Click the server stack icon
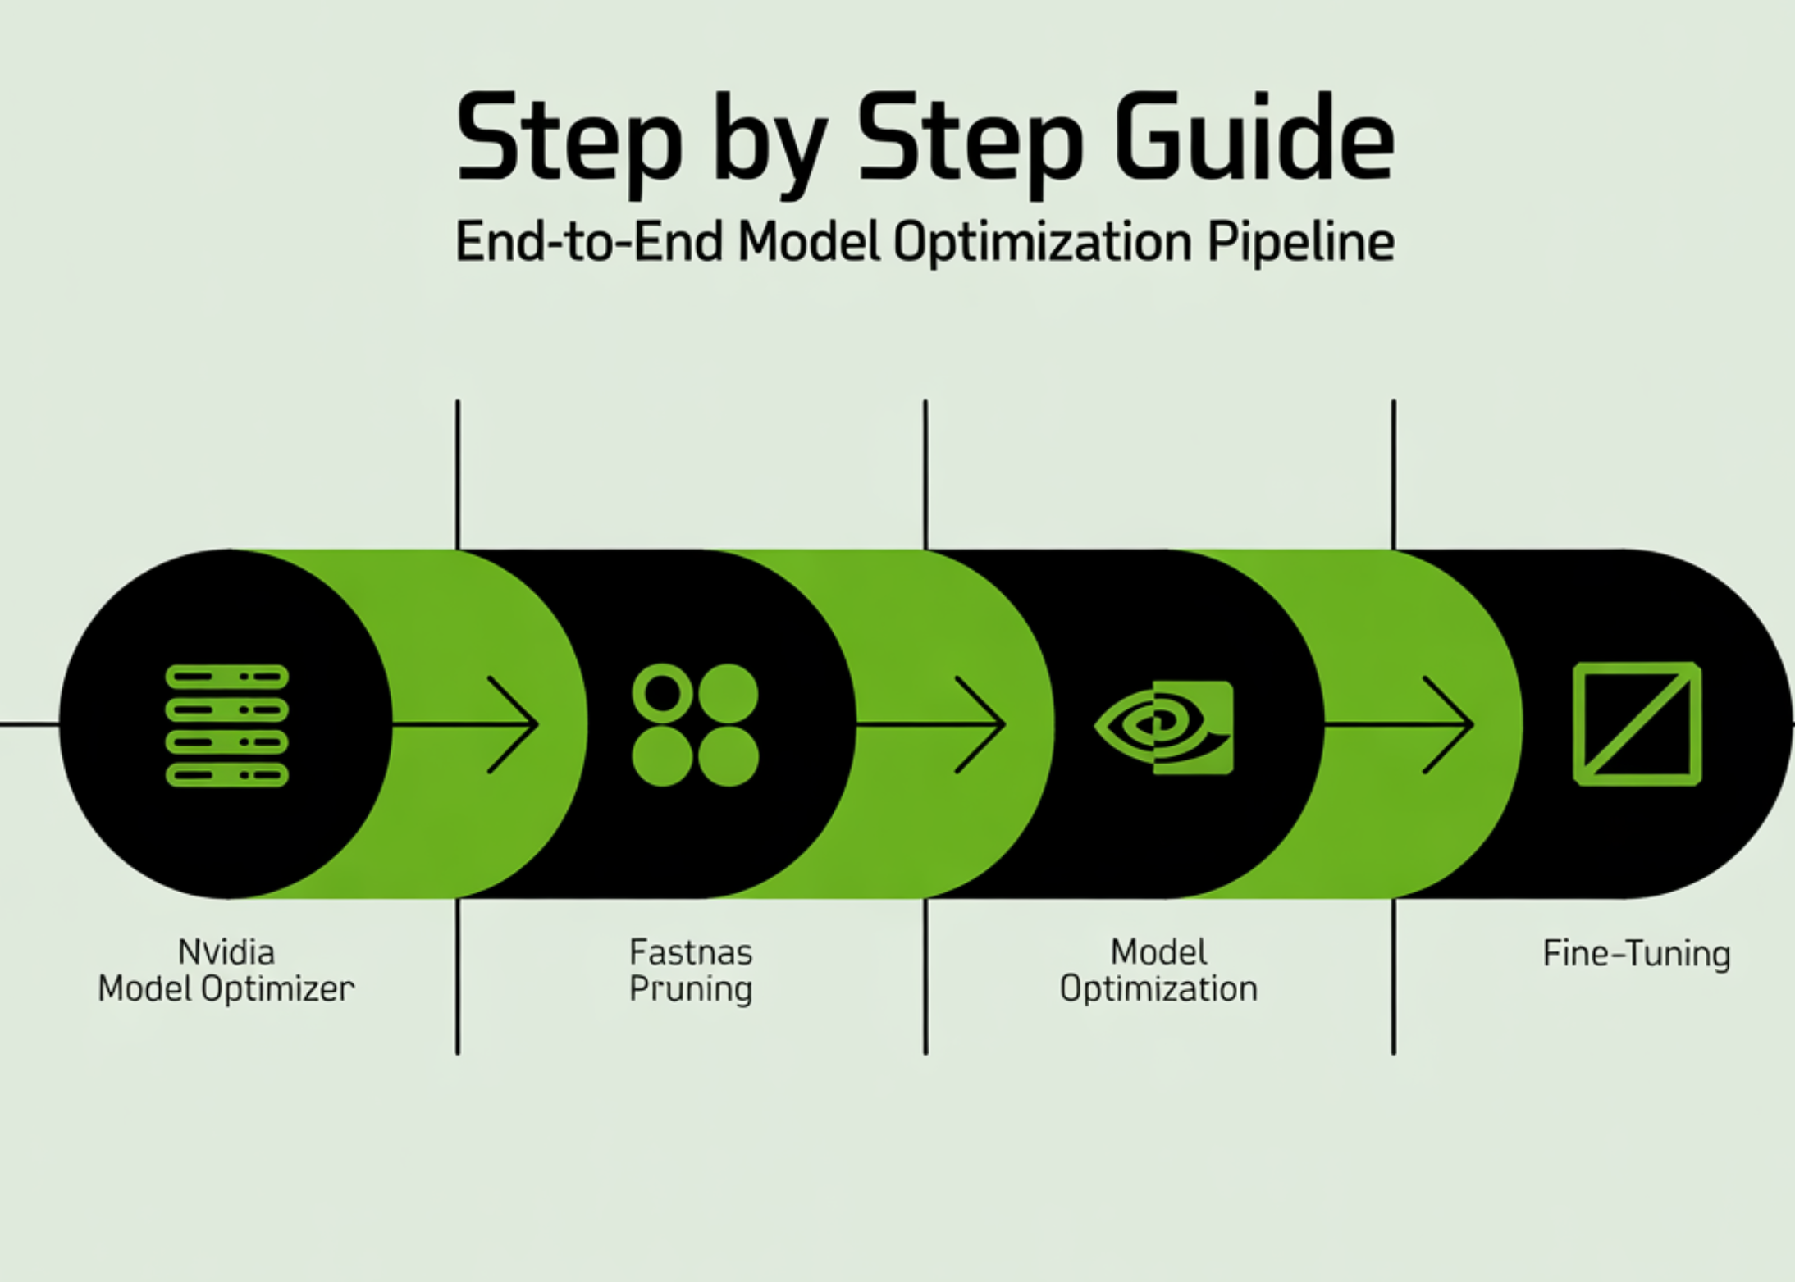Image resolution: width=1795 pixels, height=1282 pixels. [227, 725]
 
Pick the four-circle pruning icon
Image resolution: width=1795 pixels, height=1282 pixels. [695, 725]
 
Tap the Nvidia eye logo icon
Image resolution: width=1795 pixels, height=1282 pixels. [1164, 727]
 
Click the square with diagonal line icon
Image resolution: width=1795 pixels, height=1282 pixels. [1637, 723]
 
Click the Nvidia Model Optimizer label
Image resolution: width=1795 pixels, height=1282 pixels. [226, 970]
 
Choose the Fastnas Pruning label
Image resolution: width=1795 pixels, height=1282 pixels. [691, 970]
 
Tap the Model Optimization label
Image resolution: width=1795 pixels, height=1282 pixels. [1158, 970]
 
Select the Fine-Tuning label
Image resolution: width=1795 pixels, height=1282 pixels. [1637, 953]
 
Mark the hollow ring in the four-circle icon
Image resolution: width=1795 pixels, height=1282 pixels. [663, 693]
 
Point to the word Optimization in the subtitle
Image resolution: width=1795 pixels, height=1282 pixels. [1042, 242]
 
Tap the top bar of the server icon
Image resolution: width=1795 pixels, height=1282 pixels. [227, 677]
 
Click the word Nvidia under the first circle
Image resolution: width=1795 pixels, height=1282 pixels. [226, 952]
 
